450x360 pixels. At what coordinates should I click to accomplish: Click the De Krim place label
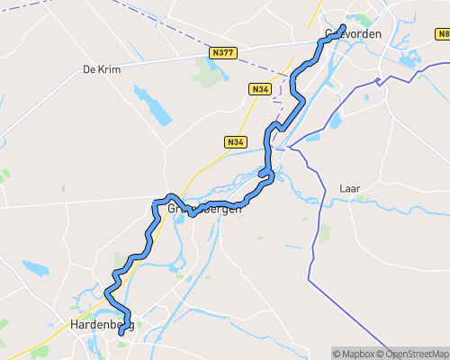tap(101, 68)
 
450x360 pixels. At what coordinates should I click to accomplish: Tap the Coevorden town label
tap(352, 34)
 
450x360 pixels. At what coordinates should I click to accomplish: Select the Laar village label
tap(350, 188)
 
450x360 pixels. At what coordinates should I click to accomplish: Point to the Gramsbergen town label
tap(204, 209)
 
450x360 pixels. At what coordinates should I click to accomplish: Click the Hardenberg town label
tap(102, 325)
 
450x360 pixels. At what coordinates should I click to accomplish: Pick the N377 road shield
tap(223, 53)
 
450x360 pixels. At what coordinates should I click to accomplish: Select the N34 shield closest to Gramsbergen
tap(236, 142)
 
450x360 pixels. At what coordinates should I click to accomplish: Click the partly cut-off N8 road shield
tap(443, 35)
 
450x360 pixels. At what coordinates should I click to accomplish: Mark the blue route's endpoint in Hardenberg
tap(121, 332)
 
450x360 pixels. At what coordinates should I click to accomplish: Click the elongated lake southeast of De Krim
tap(153, 106)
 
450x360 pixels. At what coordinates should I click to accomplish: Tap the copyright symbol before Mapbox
tap(337, 353)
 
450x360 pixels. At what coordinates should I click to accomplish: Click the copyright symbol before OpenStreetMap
tap(381, 353)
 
